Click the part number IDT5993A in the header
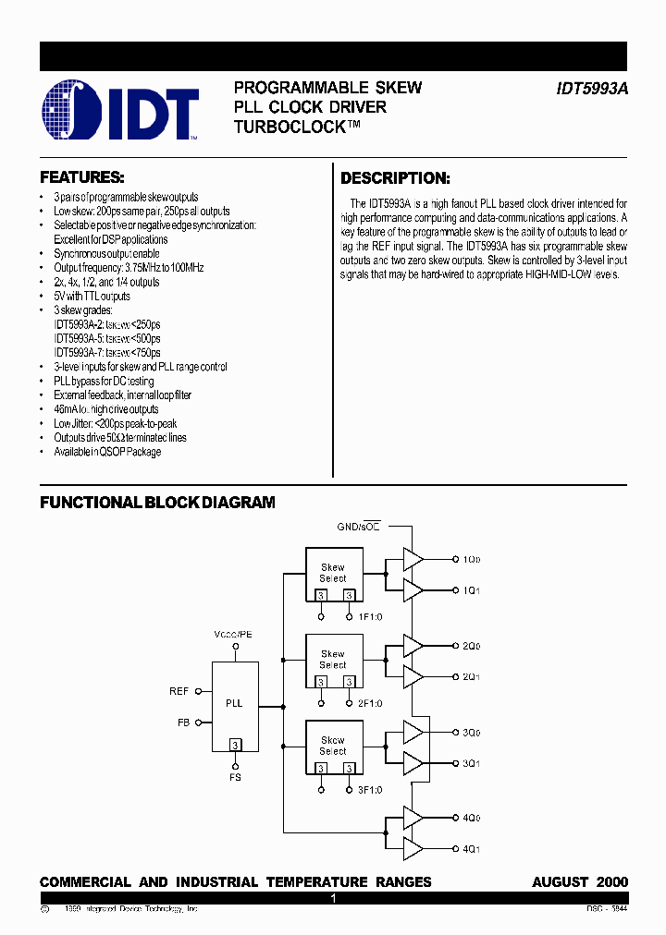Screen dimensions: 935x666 (x=592, y=89)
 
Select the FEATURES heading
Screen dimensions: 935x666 (x=81, y=177)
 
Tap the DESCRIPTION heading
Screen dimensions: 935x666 (x=395, y=178)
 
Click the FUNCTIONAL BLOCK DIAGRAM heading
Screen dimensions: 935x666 (x=157, y=503)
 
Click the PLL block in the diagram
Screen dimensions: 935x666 (x=235, y=705)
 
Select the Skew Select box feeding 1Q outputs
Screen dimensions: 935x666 (x=333, y=574)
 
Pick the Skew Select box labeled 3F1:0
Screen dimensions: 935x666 (x=333, y=747)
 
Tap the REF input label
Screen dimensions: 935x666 (x=179, y=691)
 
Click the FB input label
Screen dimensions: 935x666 (x=182, y=722)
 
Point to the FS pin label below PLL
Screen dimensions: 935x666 (x=235, y=779)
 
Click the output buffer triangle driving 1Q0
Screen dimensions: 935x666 (x=413, y=559)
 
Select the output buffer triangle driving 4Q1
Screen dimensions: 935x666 (x=413, y=848)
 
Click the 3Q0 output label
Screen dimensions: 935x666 (x=472, y=733)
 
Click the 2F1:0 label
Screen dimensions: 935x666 (x=369, y=703)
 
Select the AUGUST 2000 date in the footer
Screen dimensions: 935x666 (x=580, y=882)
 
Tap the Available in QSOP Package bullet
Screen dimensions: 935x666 (x=106, y=452)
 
